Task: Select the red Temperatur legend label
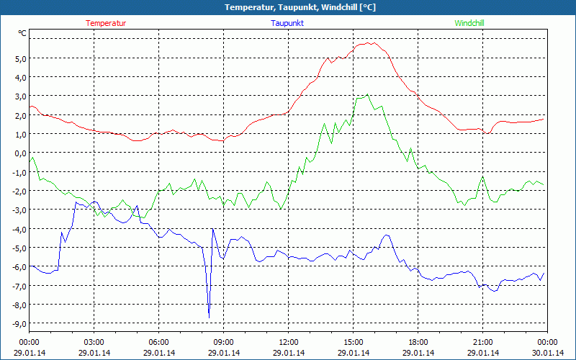click(x=106, y=23)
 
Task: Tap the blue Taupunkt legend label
click(x=287, y=23)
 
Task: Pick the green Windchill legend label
click(x=469, y=23)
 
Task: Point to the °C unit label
click(x=22, y=33)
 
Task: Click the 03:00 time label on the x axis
click(x=94, y=342)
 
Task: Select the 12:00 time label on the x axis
click(x=288, y=342)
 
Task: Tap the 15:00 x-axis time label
click(x=353, y=342)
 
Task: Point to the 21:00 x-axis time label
click(x=482, y=342)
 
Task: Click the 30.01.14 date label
click(x=547, y=352)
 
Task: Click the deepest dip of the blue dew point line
click(x=209, y=317)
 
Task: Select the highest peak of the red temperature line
click(x=369, y=42)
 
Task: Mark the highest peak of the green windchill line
click(x=368, y=94)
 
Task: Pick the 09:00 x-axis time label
click(x=223, y=342)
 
